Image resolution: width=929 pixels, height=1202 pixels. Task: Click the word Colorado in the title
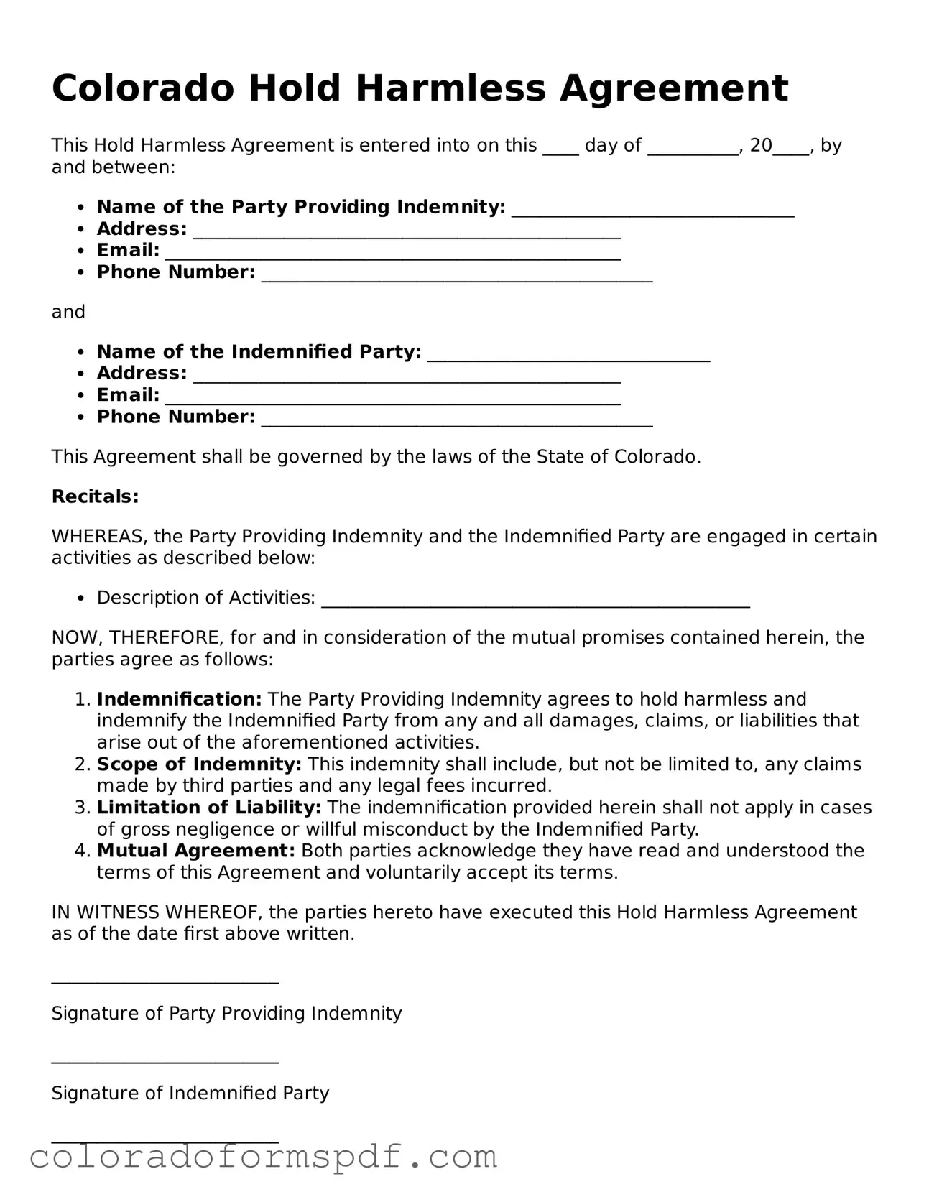pyautogui.click(x=143, y=88)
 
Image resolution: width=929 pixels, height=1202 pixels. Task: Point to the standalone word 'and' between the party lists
pyautogui.click(x=68, y=312)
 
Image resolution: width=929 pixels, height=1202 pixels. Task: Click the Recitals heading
pyautogui.click(x=95, y=496)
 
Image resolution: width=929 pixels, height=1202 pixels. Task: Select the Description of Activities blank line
pyautogui.click(x=535, y=603)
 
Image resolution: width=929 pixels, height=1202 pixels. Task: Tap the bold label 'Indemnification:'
pyautogui.click(x=180, y=699)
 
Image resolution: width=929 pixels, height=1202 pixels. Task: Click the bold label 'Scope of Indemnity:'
pyautogui.click(x=199, y=764)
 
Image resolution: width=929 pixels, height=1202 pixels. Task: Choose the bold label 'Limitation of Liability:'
pyautogui.click(x=209, y=808)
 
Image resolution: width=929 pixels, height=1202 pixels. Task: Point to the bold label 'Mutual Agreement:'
pyautogui.click(x=196, y=851)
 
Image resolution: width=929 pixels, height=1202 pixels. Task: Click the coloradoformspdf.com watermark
pyautogui.click(x=263, y=1157)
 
